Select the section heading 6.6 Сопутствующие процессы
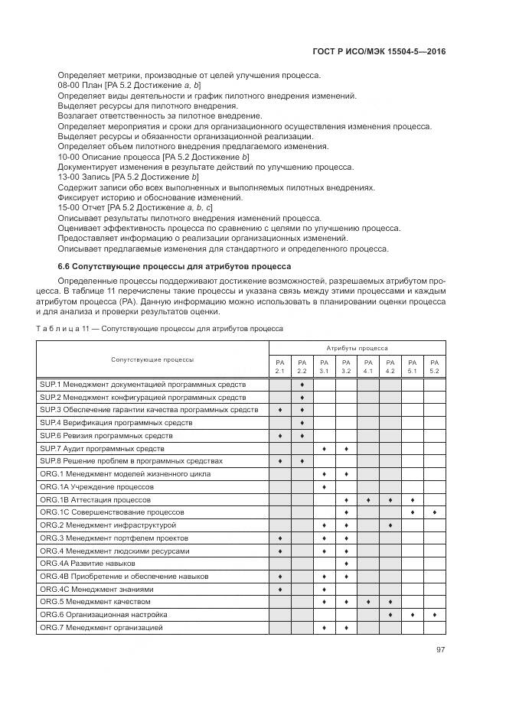(x=174, y=267)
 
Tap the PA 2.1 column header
(x=280, y=366)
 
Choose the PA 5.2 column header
(x=435, y=366)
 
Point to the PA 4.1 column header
(x=368, y=366)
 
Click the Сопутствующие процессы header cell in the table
(x=152, y=359)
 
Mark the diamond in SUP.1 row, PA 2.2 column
(x=302, y=384)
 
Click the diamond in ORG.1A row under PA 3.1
(x=325, y=486)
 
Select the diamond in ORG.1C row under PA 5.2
(x=435, y=512)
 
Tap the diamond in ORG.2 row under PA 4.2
(x=390, y=525)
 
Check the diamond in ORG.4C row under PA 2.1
(x=280, y=590)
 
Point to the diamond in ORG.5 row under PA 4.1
(x=368, y=602)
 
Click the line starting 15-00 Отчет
(x=135, y=207)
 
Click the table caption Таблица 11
(x=160, y=329)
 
